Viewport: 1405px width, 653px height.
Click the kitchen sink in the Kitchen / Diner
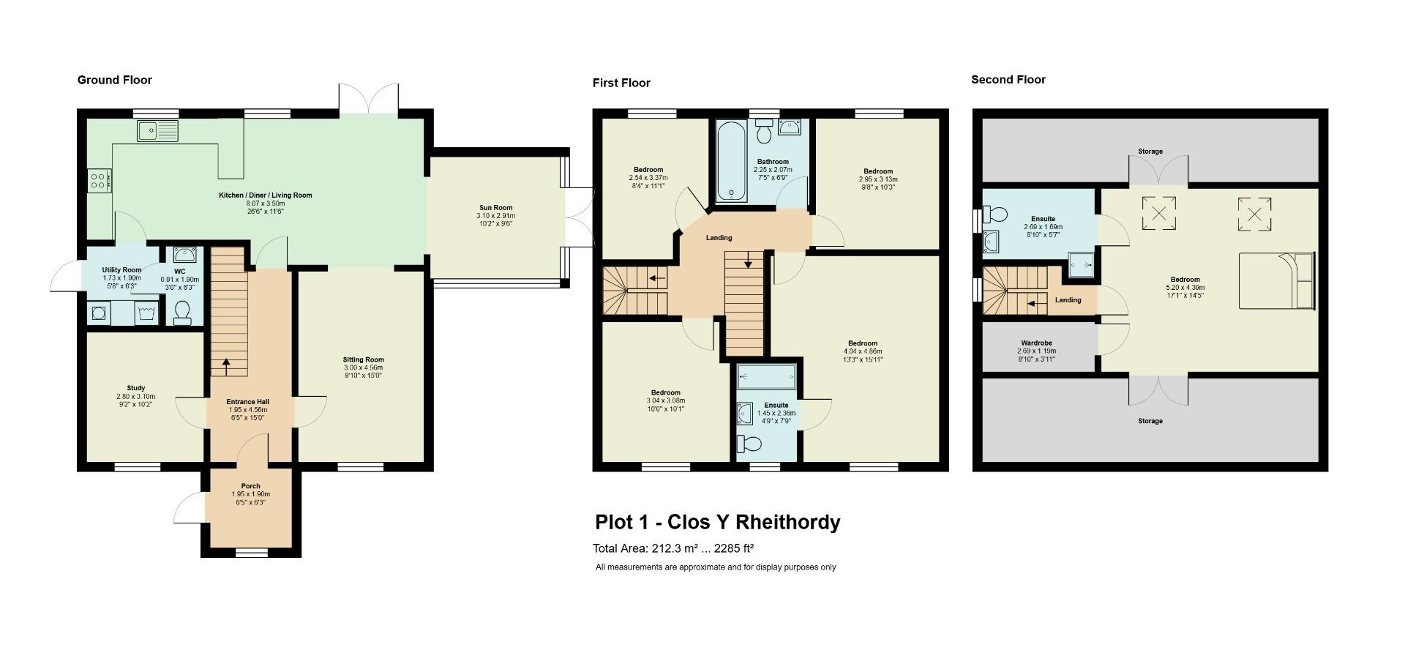pos(157,131)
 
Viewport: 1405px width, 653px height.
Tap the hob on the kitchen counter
pos(99,181)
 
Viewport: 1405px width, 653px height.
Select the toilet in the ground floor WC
pos(183,313)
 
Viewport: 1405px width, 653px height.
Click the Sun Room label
pos(495,216)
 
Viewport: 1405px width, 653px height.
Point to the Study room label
pos(135,396)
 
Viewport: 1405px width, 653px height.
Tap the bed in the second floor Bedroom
pos(1276,280)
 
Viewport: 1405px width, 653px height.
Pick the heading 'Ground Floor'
pos(115,80)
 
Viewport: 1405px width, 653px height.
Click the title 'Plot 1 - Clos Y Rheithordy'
pos(717,522)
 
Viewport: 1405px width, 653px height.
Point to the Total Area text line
pos(673,548)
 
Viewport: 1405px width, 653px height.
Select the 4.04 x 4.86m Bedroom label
pos(863,351)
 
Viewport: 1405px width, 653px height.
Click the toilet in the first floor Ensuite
pos(749,443)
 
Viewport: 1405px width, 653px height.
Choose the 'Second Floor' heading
pos(1008,80)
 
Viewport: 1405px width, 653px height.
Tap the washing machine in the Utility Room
pos(97,313)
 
